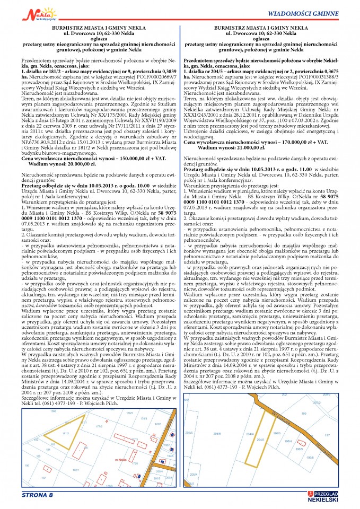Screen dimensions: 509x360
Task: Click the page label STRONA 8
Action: [x=37, y=495]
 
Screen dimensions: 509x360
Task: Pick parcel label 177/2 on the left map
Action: [x=98, y=425]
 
